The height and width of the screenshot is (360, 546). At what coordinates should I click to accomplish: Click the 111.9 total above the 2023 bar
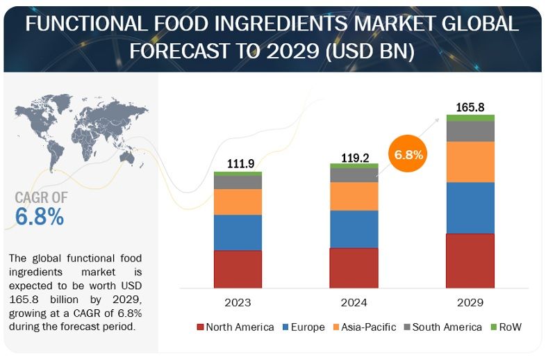tap(238, 164)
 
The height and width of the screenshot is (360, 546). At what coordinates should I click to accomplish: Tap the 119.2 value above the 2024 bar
tap(354, 157)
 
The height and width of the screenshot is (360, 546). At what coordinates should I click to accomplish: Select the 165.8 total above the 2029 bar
tap(470, 108)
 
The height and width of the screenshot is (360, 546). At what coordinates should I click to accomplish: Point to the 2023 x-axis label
tap(238, 303)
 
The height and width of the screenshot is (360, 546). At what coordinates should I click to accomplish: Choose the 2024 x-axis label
tap(354, 303)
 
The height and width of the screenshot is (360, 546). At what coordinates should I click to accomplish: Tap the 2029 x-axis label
tap(470, 303)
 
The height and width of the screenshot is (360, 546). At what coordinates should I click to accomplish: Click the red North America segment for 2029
tap(470, 261)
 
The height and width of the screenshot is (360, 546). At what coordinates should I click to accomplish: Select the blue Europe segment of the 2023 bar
tap(238, 232)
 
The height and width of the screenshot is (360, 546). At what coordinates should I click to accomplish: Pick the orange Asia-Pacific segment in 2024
tap(354, 196)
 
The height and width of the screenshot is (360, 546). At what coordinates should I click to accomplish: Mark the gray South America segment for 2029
tap(470, 131)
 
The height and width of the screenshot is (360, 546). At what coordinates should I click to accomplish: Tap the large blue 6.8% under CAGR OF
tap(40, 217)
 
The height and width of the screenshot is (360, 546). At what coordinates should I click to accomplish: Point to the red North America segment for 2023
tap(238, 269)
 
